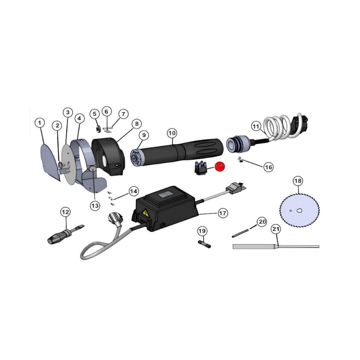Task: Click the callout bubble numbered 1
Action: pyautogui.click(x=39, y=123)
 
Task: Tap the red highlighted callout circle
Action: pyautogui.click(x=219, y=167)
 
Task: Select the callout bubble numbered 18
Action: pyautogui.click(x=298, y=181)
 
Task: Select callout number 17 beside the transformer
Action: pyautogui.click(x=223, y=213)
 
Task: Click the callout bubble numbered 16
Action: pyautogui.click(x=268, y=167)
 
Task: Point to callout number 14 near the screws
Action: pyautogui.click(x=134, y=191)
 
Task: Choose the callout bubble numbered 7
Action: pyautogui.click(x=123, y=114)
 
